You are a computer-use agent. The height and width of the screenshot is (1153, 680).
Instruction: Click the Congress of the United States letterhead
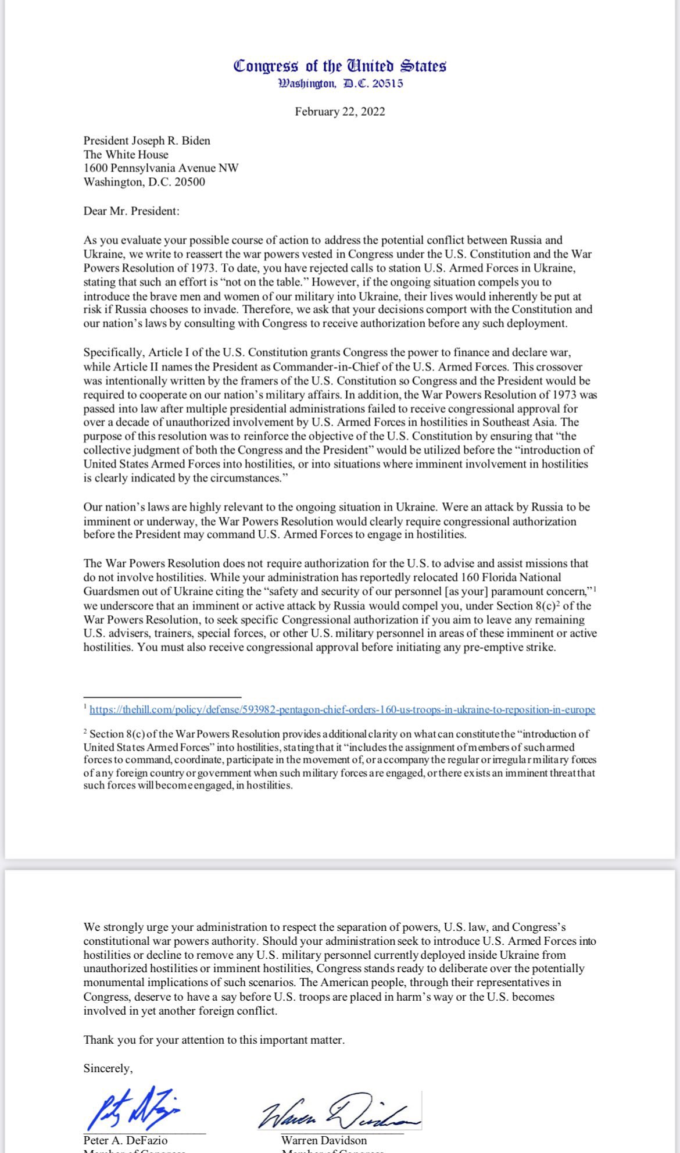click(x=339, y=66)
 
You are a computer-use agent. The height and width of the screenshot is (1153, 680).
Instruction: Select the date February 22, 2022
click(x=339, y=112)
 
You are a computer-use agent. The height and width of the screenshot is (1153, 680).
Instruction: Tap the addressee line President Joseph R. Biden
click(x=147, y=141)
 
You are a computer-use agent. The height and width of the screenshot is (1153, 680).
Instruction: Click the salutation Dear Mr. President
click(x=131, y=211)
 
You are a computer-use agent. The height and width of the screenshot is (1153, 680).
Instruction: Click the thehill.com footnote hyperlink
click(x=342, y=710)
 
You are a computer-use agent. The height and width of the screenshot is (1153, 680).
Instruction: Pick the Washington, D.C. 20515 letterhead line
click(x=340, y=84)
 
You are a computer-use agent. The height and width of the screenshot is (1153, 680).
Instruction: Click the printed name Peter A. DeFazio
click(x=126, y=1140)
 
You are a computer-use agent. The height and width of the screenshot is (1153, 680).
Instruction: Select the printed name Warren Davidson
click(x=324, y=1140)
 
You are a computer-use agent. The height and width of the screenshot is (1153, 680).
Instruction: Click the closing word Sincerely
click(x=108, y=1068)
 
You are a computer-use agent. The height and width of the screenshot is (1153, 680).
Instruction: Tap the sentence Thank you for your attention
click(x=214, y=1040)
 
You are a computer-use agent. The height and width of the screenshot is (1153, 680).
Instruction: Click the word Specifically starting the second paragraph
click(x=113, y=352)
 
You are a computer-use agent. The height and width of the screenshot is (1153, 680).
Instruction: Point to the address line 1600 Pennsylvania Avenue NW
click(x=161, y=168)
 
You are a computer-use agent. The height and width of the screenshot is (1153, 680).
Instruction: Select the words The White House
click(x=126, y=155)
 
